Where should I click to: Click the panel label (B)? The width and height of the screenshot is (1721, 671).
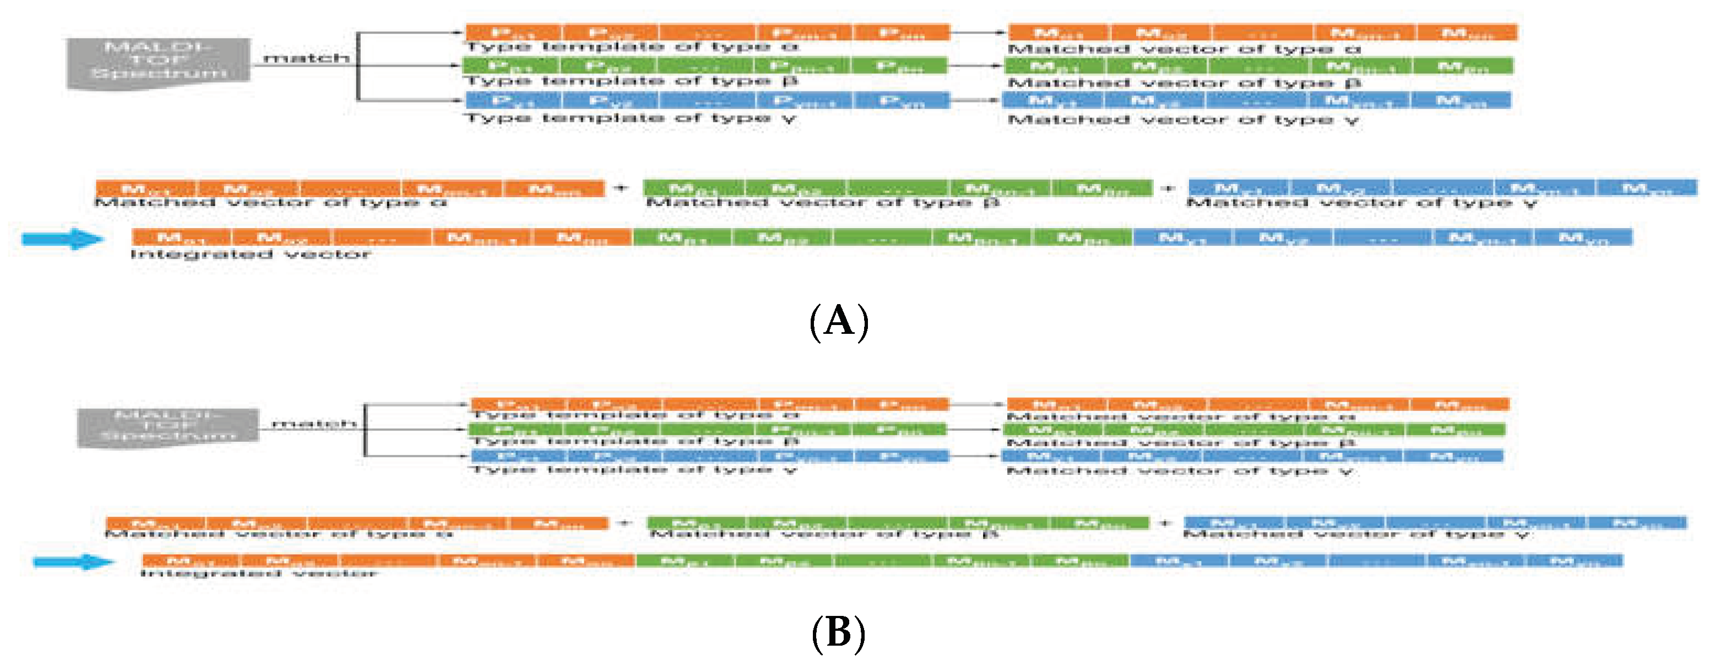[838, 632]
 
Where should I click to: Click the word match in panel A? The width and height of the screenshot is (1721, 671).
[307, 59]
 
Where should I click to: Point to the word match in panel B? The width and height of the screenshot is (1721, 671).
[314, 424]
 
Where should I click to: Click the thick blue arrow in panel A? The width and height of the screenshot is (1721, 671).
[63, 239]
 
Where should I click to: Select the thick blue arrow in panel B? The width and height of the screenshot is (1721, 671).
[73, 561]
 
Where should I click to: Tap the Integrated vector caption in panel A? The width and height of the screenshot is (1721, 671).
[250, 255]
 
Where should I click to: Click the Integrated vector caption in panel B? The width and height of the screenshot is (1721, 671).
[258, 573]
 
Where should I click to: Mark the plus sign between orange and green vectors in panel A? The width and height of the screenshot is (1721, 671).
[622, 188]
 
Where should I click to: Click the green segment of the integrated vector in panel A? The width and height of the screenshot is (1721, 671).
[882, 237]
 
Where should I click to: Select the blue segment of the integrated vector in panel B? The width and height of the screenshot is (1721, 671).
[1376, 561]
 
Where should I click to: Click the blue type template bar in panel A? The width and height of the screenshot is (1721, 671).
[707, 101]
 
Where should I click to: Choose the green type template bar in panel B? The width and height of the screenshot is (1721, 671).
[708, 430]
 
